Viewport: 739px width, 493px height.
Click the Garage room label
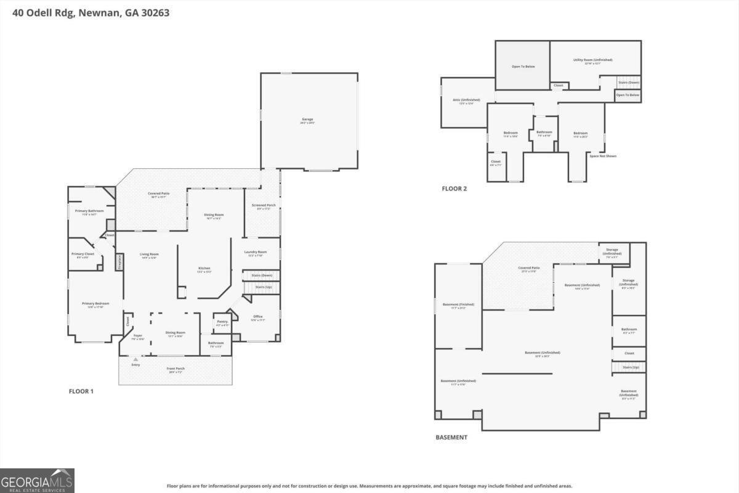coord(307,119)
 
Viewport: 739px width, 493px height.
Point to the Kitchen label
coord(204,268)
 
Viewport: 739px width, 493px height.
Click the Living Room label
coord(149,254)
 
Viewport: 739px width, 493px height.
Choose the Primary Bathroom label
coord(89,211)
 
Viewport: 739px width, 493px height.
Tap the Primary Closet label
coord(83,254)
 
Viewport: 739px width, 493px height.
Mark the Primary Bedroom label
coord(95,303)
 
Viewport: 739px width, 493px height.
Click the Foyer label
coord(138,336)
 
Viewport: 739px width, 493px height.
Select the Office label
coord(257,317)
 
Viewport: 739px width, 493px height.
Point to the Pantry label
coord(222,322)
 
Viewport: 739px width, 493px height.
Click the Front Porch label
coord(176,369)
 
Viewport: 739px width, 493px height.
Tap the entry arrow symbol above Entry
coord(135,359)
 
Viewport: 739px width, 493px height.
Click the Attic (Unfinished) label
coord(466,100)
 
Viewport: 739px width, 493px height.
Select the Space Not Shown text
coord(602,156)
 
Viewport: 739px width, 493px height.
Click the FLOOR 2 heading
coord(454,189)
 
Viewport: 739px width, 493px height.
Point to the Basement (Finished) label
coord(458,304)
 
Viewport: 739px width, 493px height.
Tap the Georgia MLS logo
coord(37,481)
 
